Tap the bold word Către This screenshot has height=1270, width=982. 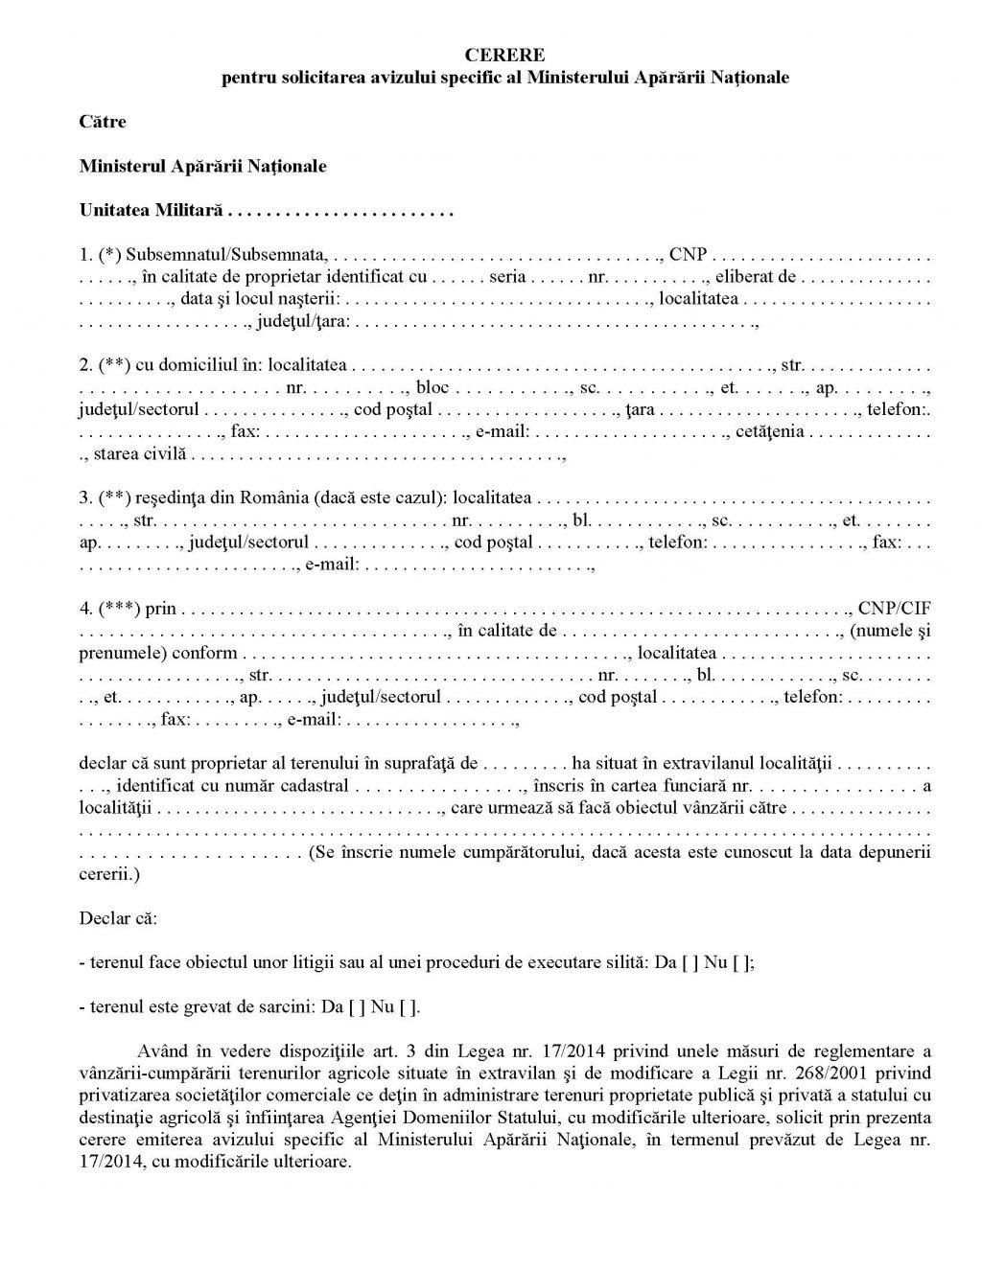click(x=103, y=122)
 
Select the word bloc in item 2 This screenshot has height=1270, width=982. click(x=432, y=388)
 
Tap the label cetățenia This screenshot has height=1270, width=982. click(x=770, y=432)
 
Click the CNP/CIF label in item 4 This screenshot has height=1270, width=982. click(x=894, y=609)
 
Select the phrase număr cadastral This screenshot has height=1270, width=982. click(x=292, y=786)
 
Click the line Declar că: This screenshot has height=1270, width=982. click(x=118, y=917)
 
